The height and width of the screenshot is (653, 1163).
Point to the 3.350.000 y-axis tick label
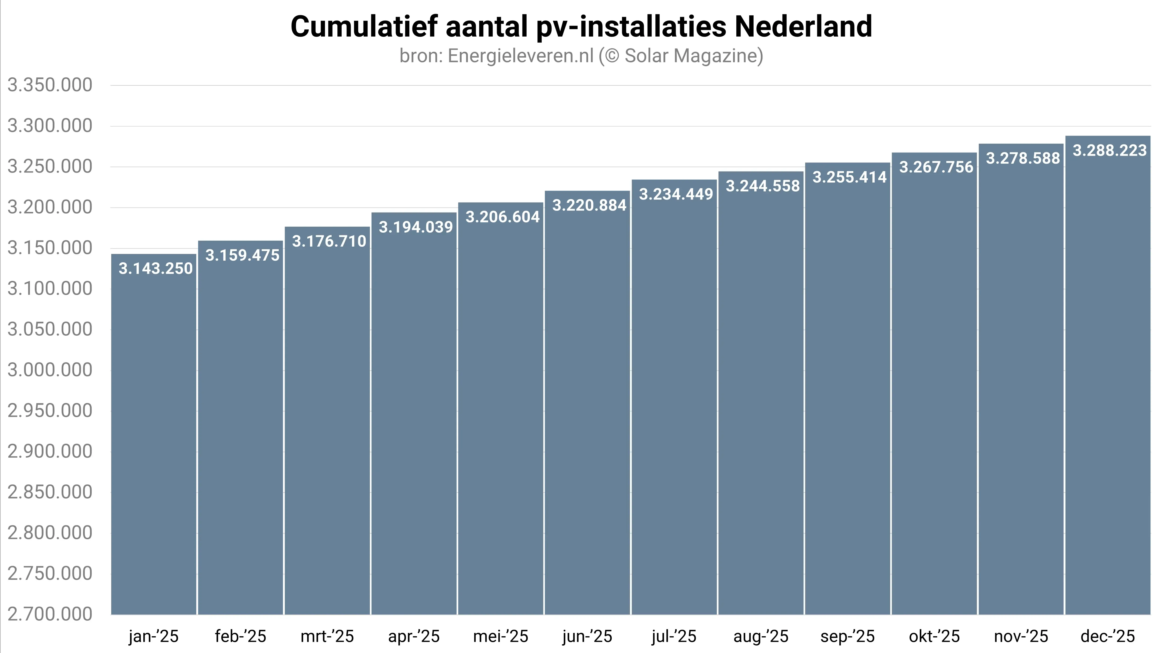pos(50,85)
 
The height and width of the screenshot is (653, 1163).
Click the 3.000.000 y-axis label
pos(50,370)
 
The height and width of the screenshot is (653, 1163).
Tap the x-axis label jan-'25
pos(154,636)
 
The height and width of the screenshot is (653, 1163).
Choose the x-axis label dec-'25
pos(1108,636)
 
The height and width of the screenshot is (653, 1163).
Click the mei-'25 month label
pos(500,636)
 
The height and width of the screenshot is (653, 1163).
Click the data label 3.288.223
pos(1109,150)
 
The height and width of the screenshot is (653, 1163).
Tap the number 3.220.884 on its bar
pos(589,205)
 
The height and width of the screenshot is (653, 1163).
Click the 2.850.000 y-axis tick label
pos(50,492)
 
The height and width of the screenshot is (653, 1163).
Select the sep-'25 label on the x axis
pos(847,636)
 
